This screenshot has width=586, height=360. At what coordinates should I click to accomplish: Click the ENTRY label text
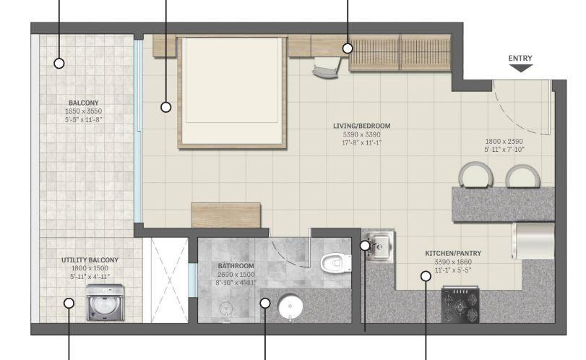(520, 58)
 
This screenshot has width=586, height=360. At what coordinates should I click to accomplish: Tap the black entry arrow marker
(520, 69)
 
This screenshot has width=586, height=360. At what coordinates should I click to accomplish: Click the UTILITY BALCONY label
(90, 260)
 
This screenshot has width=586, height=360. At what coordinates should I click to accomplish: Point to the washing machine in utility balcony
(102, 302)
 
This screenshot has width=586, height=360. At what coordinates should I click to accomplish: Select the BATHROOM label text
(236, 265)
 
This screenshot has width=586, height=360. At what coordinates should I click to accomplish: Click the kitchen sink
(378, 246)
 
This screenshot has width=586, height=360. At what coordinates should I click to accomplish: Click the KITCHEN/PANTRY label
(453, 253)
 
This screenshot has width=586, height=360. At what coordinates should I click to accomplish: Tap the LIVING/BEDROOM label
(361, 126)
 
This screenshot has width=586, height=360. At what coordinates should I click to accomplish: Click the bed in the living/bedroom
(230, 91)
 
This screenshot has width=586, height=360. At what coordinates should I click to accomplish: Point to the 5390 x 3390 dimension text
(361, 134)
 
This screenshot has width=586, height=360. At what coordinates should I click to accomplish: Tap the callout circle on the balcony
(59, 63)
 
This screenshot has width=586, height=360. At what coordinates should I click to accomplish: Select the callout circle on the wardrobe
(348, 48)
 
